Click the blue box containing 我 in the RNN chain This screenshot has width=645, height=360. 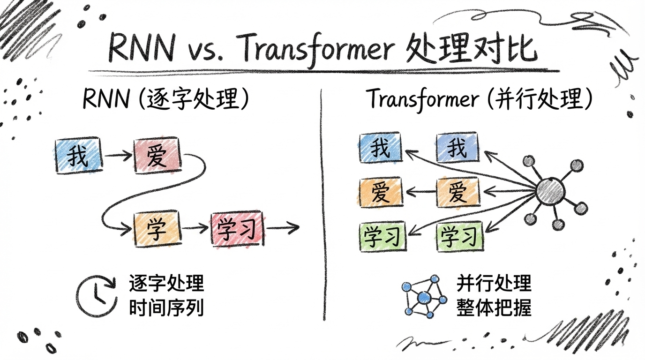(x=78, y=155)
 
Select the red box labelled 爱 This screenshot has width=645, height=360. (x=157, y=155)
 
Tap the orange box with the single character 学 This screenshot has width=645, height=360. (x=157, y=228)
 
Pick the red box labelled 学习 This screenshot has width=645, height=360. (x=237, y=229)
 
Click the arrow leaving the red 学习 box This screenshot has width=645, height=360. (x=282, y=229)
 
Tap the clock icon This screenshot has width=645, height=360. (x=96, y=296)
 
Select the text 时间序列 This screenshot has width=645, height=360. (x=166, y=307)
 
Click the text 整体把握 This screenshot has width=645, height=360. (x=494, y=307)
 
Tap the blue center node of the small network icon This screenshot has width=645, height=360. (x=424, y=297)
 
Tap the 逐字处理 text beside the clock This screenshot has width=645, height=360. (x=166, y=284)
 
